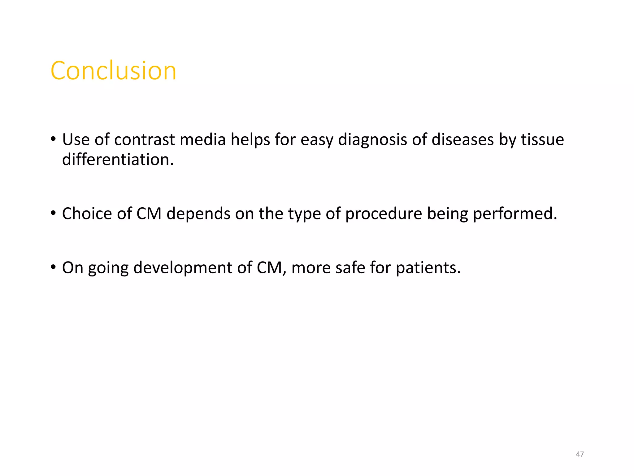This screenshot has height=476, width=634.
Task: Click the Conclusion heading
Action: click(x=113, y=71)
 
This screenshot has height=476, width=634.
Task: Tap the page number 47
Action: click(x=580, y=454)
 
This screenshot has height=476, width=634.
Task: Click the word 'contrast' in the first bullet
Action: click(x=144, y=139)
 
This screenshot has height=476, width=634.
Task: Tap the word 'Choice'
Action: click(x=87, y=214)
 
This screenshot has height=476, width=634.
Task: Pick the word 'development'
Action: click(x=183, y=268)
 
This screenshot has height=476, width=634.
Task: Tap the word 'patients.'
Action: click(x=428, y=268)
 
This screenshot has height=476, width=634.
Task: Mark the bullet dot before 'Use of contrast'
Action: click(x=53, y=139)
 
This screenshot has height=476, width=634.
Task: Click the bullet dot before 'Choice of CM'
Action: click(x=53, y=213)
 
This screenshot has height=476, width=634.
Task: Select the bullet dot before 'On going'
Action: click(x=53, y=267)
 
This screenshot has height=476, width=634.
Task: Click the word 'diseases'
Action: click(x=462, y=139)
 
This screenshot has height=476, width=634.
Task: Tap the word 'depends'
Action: click(x=198, y=214)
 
